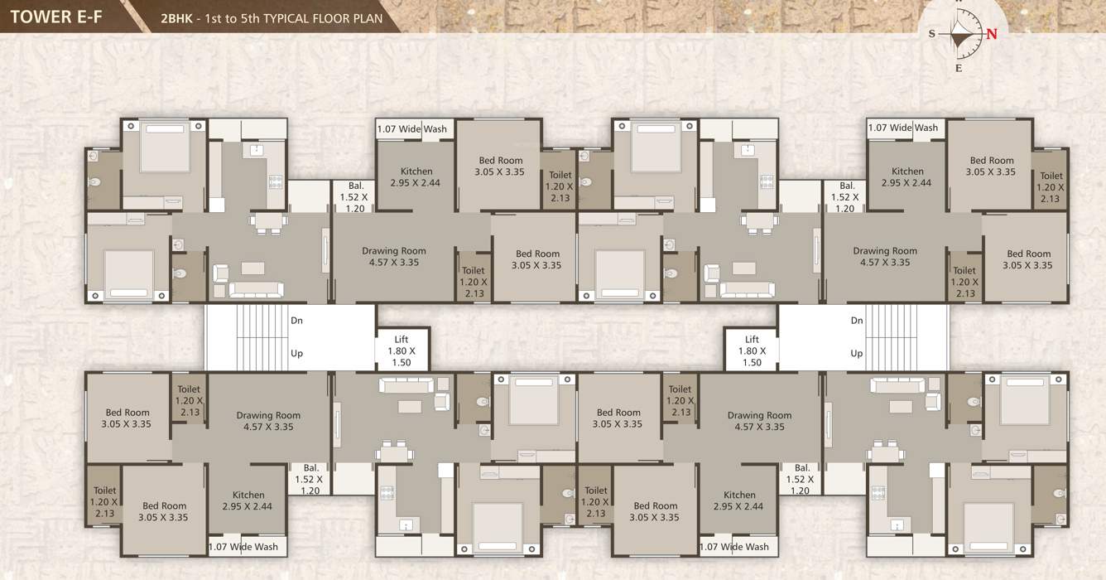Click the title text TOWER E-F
click(56, 17)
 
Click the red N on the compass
click(991, 34)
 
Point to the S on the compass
click(931, 34)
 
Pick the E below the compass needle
click(959, 68)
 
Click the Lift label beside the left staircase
click(401, 340)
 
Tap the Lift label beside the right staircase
click(752, 340)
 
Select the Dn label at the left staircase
click(296, 321)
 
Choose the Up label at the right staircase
click(857, 354)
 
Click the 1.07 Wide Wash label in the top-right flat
click(903, 128)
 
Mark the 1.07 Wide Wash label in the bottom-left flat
click(243, 547)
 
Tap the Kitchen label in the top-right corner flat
click(907, 172)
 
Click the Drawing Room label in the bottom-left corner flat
click(268, 416)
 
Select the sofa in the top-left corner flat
click(256, 289)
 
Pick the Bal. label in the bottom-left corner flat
click(310, 468)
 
